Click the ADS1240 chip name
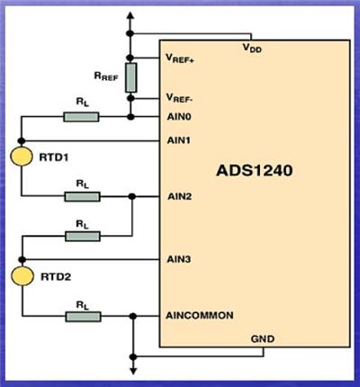point(255,170)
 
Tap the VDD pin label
point(252,48)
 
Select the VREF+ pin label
point(180,58)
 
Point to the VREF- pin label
point(179,98)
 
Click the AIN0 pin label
point(179,116)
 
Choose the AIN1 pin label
point(179,140)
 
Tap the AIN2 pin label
point(179,196)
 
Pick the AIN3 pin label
point(179,259)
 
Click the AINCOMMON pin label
point(200,315)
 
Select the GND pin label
point(263,339)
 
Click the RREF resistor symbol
point(130,77)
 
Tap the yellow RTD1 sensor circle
point(22,157)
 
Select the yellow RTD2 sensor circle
point(22,275)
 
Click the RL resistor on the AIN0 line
point(81,117)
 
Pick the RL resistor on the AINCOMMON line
point(83,317)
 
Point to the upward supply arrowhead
point(130,15)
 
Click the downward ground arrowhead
point(133,371)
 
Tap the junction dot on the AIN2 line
point(132,196)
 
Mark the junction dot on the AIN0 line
point(130,117)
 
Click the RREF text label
point(106,76)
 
